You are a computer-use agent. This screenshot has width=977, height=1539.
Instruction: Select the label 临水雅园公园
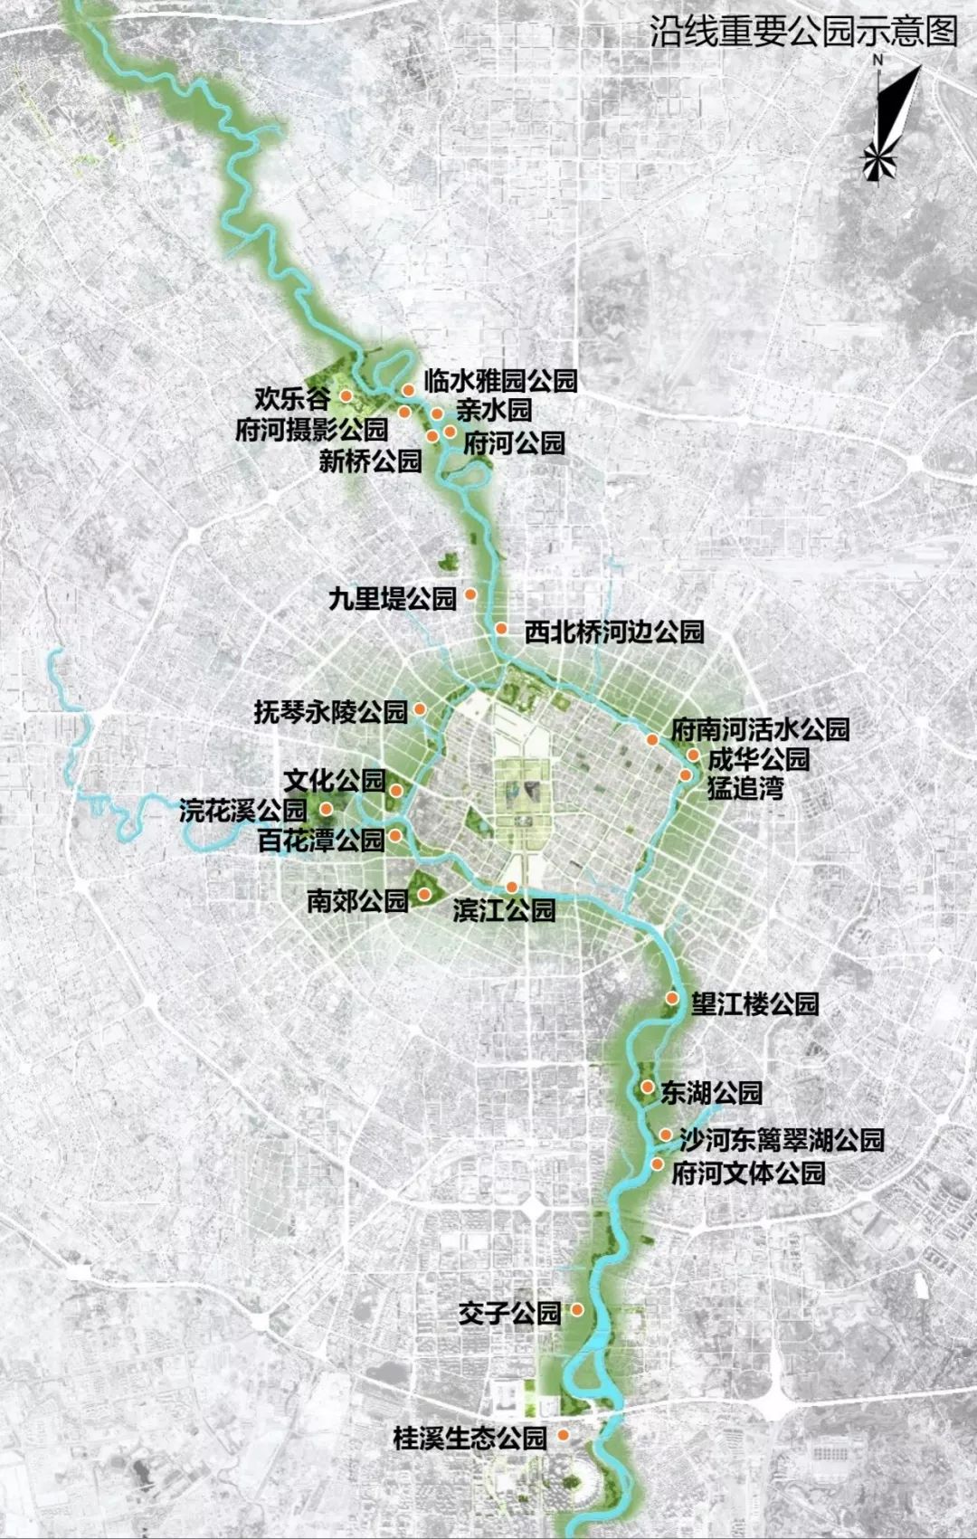(500, 380)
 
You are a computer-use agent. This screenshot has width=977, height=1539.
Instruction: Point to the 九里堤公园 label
(393, 598)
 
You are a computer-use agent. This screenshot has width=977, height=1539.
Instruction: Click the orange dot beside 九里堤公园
(470, 594)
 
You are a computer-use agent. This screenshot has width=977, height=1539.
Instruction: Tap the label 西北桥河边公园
(614, 631)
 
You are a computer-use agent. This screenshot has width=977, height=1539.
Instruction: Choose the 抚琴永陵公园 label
(330, 712)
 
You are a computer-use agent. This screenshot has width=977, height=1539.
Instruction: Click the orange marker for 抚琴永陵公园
(419, 710)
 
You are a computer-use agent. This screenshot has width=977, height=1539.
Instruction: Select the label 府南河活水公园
(760, 728)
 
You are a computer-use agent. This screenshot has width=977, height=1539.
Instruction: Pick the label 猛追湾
(745, 787)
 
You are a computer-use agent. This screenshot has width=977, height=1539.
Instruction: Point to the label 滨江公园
(504, 910)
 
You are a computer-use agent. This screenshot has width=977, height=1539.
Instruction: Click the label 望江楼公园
(754, 1003)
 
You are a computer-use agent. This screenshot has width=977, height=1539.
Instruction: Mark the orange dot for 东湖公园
(648, 1087)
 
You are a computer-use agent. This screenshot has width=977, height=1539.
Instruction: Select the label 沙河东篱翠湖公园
(782, 1139)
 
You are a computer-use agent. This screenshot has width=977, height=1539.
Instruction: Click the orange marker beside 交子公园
(576, 1310)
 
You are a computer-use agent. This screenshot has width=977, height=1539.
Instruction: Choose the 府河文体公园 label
(748, 1173)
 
